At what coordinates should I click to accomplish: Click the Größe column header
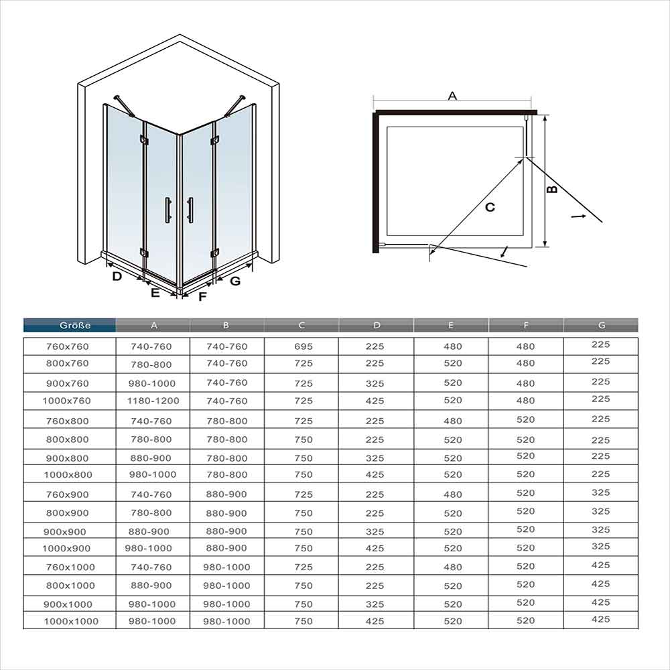pos(70,326)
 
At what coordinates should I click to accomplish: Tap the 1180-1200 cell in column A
pos(153,401)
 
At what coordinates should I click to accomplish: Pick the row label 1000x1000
pos(70,621)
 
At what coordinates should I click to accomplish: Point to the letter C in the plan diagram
pos(490,208)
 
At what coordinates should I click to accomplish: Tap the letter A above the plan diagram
pos(452,96)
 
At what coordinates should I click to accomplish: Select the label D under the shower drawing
pos(117,276)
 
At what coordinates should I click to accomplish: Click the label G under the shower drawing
pos(234,281)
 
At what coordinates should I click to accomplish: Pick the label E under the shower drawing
pos(155,293)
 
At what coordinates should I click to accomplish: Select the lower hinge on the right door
pos(214,253)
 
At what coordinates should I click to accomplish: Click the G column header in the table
pos(601,326)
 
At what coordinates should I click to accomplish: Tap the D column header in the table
pos(376,326)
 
